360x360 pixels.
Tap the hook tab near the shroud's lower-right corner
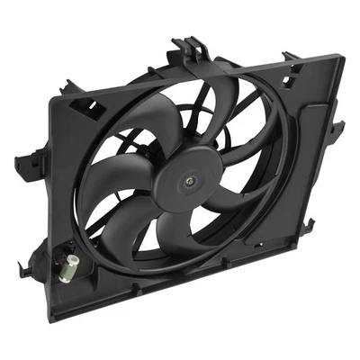[x=310, y=223]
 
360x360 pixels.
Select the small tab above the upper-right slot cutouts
[x=290, y=57]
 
